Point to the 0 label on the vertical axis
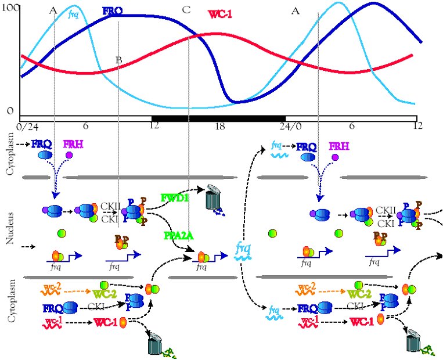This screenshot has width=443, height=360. coord(10,110)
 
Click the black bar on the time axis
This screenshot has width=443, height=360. coord(218,118)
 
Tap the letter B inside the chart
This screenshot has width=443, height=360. coord(118,60)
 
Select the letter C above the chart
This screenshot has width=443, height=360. coord(186,10)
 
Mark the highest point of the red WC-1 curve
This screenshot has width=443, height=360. coord(216,34)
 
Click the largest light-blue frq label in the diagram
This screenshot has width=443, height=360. coord(243,249)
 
